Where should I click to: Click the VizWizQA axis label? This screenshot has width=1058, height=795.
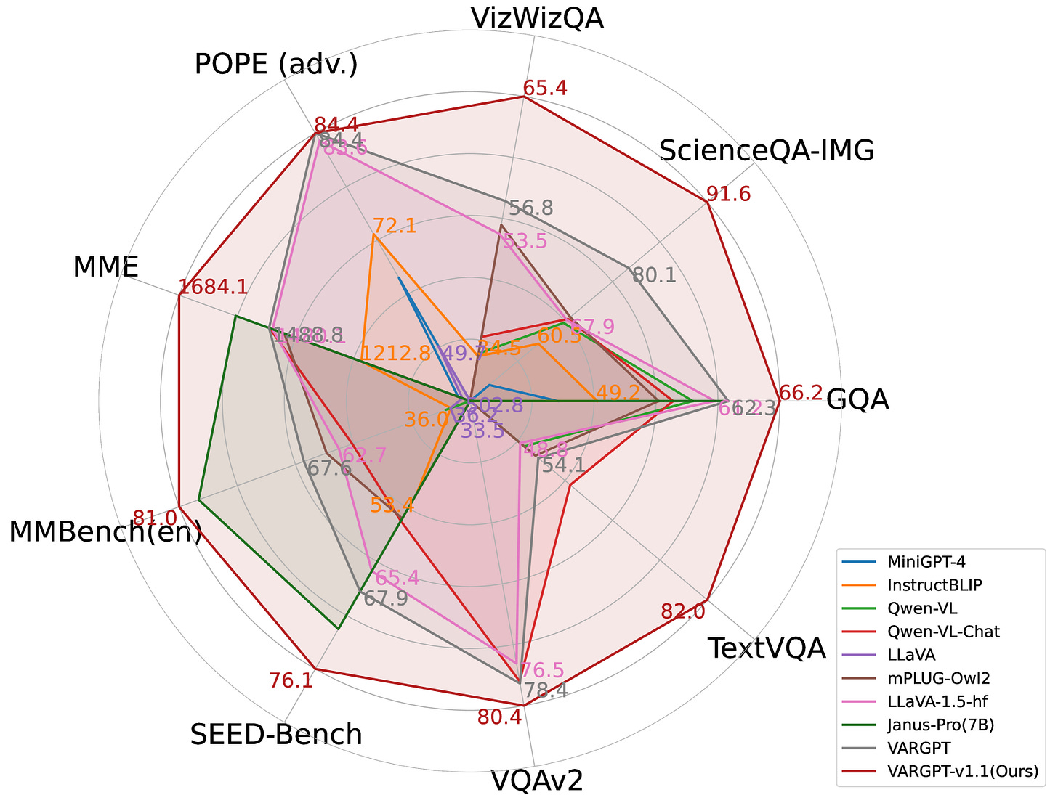tap(536, 18)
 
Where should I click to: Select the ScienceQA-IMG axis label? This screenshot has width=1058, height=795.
tap(766, 150)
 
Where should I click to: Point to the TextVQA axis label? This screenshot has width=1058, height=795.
tap(767, 648)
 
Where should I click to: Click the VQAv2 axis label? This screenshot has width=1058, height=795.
tap(536, 780)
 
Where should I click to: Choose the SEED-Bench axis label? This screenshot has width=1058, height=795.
tap(276, 735)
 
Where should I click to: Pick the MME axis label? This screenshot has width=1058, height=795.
tap(105, 268)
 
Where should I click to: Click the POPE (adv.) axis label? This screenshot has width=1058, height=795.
tap(276, 65)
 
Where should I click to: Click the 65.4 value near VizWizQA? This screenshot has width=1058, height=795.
tap(545, 88)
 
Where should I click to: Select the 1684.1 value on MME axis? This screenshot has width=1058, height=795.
tap(213, 287)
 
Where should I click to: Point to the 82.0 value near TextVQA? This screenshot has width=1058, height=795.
tap(683, 612)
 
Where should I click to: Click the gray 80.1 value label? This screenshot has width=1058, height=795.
tap(654, 275)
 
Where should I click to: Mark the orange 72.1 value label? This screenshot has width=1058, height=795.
tap(394, 226)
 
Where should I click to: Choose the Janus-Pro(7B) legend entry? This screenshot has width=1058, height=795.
tap(940, 725)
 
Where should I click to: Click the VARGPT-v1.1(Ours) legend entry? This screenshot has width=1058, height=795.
tap(962, 771)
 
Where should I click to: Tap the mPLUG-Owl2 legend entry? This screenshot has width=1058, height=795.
tap(938, 678)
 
